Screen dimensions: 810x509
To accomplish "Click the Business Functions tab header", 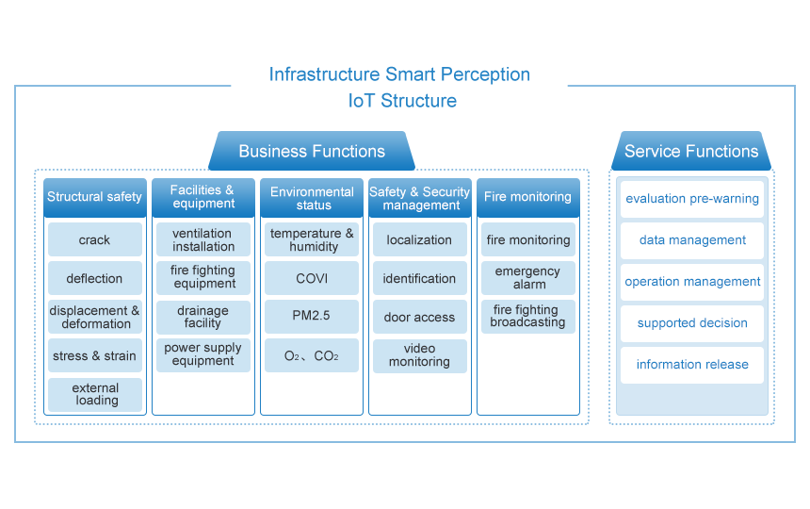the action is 312,151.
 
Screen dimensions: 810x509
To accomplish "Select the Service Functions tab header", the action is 691,151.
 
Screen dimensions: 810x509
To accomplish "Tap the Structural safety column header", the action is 95,197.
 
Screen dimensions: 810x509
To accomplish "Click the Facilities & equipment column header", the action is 203,197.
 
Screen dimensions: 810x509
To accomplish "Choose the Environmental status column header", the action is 312,197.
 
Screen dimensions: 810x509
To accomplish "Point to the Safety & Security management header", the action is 420,197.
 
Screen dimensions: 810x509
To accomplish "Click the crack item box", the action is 95,239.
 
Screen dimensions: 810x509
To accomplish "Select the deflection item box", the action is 95,278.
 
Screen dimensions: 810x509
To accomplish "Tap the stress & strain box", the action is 95,355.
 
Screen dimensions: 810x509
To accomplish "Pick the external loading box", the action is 95,395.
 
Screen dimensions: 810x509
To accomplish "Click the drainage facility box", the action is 203,317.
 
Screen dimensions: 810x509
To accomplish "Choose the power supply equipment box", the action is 203,355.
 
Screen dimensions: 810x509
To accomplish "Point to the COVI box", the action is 312,278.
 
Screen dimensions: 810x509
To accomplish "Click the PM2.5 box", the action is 312,317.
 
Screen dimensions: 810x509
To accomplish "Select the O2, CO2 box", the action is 312,355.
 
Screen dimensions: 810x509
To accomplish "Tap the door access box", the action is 420,317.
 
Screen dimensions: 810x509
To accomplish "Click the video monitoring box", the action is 420,356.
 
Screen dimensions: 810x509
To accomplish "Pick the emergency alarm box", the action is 528,278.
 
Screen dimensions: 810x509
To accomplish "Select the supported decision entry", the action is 692,323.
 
